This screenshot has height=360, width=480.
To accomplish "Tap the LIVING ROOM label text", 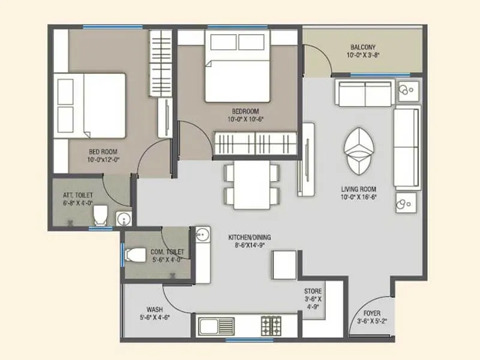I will [358, 190].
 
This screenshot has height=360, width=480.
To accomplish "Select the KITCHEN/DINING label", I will [250, 238].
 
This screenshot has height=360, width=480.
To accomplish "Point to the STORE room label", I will [313, 291].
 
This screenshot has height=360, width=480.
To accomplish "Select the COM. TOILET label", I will [168, 252].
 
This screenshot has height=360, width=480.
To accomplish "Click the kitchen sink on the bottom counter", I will [210, 326].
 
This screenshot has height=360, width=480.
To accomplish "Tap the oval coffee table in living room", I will [360, 146].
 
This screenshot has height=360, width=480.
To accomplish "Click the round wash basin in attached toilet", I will [123, 218].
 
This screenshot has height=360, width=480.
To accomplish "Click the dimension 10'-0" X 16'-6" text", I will [358, 198].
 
